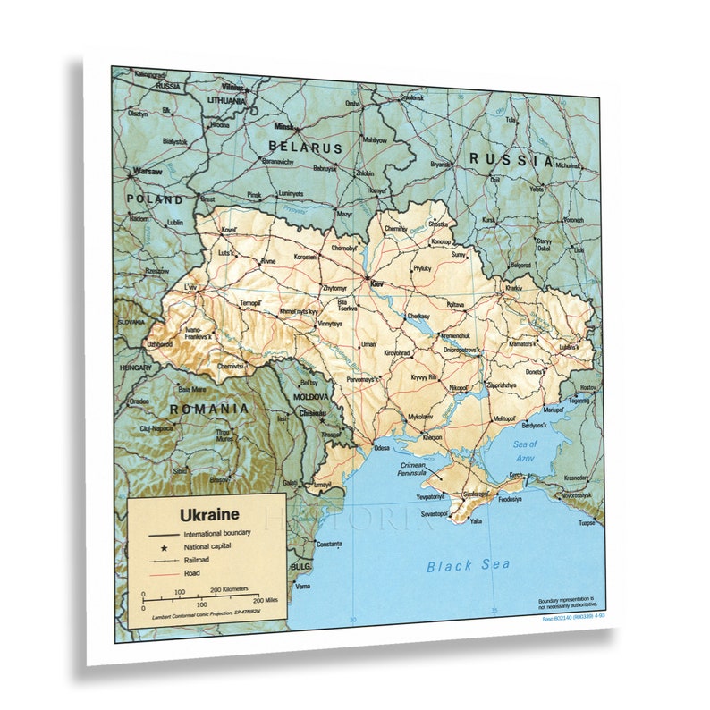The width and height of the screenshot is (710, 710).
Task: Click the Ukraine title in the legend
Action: (x=209, y=515)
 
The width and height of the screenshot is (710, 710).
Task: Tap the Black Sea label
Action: (x=468, y=564)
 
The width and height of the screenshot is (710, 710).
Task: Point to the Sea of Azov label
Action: (x=525, y=450)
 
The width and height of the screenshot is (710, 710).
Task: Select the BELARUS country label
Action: (x=306, y=148)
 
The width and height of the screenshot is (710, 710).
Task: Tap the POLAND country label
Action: (x=154, y=199)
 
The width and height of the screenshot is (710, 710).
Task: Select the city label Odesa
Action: (x=382, y=447)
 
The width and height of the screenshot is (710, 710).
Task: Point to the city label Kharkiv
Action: (x=513, y=289)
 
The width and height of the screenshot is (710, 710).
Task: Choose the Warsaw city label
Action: (x=148, y=171)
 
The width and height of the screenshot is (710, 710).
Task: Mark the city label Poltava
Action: (x=455, y=305)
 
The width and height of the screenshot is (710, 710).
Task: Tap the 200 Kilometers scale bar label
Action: (x=229, y=590)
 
